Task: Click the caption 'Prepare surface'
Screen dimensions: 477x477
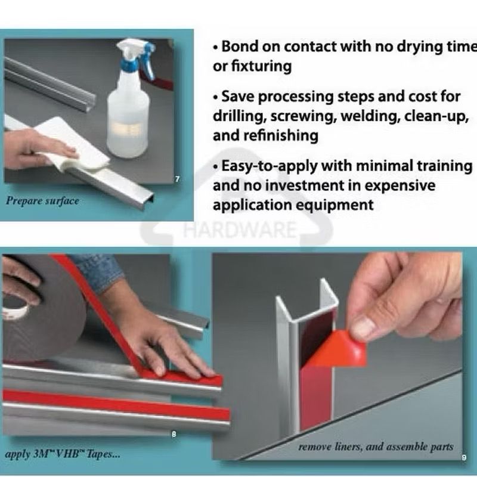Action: coord(42,201)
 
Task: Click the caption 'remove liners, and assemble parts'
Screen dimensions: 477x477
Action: coord(376,447)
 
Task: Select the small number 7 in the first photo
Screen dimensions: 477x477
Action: coord(177,179)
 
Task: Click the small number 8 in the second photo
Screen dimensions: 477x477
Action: coord(174,434)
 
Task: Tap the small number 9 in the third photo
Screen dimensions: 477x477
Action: coord(463,458)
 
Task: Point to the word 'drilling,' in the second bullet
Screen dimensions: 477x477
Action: coord(238,116)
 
